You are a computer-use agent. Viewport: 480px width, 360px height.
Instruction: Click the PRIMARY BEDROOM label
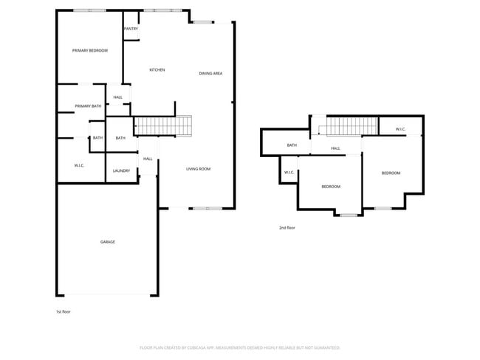pos(89,51)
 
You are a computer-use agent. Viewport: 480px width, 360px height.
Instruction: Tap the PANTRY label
pos(131,29)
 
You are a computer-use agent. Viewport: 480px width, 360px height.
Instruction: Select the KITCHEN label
pos(157,70)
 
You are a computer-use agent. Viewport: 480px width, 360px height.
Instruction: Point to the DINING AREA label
pos(211,74)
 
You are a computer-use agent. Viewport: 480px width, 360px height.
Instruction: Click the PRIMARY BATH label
pos(88,107)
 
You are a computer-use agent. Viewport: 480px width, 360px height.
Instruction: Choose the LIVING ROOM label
pos(198,169)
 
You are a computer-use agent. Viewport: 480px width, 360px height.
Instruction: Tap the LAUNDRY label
pos(122,171)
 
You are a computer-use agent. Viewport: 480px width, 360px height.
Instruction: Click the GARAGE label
pos(108,242)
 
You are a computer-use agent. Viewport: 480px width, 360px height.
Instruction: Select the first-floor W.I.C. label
pos(79,165)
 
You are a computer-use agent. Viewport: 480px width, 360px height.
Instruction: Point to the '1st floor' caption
pos(64,312)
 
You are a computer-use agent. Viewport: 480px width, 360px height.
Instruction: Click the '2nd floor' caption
pos(287,228)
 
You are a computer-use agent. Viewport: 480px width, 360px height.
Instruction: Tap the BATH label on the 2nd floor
pos(292,145)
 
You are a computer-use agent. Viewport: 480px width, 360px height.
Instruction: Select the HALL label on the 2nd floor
pos(335,149)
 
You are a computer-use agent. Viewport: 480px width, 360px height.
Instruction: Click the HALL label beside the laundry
pos(148,159)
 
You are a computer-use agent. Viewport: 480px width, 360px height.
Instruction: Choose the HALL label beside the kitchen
pos(118,97)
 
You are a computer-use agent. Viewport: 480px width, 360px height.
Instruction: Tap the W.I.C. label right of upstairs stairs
pos(400,130)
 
